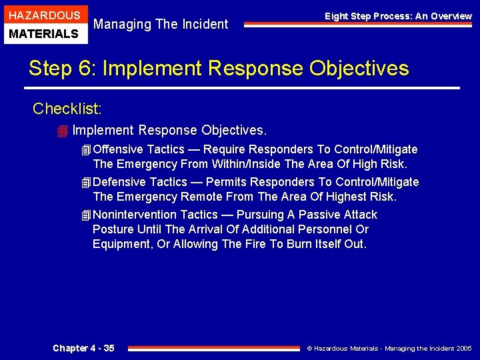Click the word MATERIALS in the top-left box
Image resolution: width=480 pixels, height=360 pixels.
click(44, 34)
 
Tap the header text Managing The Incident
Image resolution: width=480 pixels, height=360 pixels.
click(161, 25)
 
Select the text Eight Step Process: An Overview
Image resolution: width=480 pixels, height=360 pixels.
click(398, 16)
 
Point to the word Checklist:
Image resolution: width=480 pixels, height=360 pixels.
click(67, 108)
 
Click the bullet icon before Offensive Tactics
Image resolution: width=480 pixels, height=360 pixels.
click(85, 149)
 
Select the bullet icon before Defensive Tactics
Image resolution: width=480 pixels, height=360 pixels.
click(85, 182)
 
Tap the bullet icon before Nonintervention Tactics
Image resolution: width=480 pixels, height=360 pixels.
click(85, 215)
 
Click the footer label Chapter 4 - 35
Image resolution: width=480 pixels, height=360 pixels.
click(83, 348)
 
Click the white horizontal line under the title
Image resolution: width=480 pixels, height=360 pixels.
click(243, 88)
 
